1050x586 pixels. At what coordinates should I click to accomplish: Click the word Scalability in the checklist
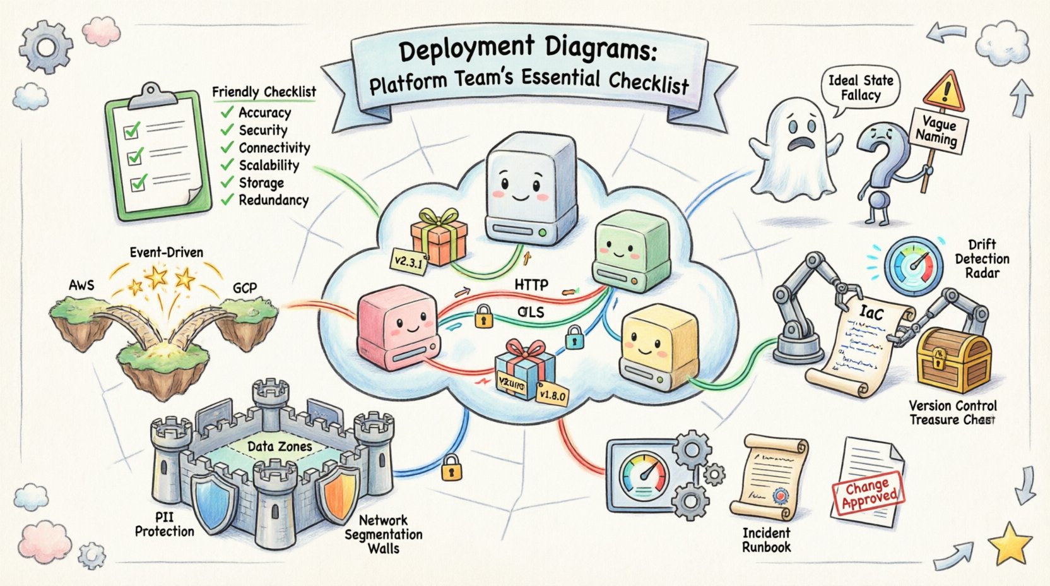click(268, 165)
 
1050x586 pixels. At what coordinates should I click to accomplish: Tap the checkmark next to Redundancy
click(227, 200)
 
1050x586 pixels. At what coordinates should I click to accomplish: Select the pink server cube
click(396, 327)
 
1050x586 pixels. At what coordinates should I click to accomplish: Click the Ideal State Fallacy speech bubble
click(860, 88)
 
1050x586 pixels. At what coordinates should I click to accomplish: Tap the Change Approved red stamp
click(868, 494)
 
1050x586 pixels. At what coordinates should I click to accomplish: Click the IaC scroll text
click(871, 312)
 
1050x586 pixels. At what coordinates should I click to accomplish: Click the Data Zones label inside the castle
click(279, 446)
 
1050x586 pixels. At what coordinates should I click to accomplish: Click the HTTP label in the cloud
click(531, 285)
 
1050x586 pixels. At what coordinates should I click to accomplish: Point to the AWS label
click(81, 285)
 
